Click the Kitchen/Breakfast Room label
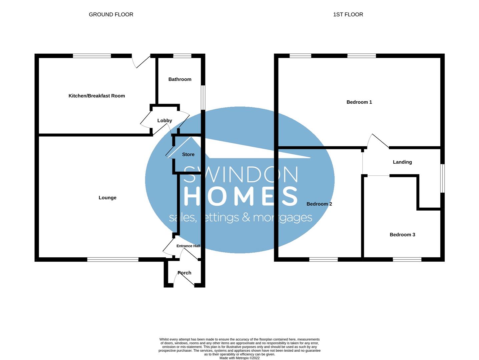coord(97,96)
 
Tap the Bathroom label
coord(180,79)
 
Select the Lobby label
coord(165,121)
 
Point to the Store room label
coord(188,155)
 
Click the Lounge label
coord(107,198)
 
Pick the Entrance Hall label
coord(188,246)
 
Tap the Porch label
coord(184,273)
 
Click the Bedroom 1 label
coord(359,102)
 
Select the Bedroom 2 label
coord(319,204)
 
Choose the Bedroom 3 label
coord(402,235)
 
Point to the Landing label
coord(402,162)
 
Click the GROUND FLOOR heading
coord(111,14)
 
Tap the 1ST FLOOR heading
coord(348,14)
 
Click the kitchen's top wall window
coord(92,56)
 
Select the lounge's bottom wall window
coord(113,259)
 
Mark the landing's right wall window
coord(442,178)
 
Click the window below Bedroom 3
coord(407,259)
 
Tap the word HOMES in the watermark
coord(241,196)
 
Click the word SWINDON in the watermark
coord(241,174)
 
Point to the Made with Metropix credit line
coord(239,358)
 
